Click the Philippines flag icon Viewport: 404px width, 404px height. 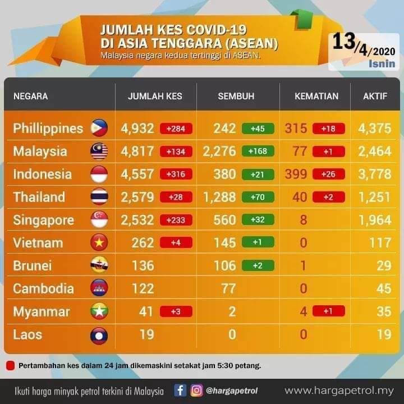[99, 128]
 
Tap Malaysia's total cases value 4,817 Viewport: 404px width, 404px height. [137, 151]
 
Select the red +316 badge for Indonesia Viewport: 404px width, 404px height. [176, 174]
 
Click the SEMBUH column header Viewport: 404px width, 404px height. [236, 96]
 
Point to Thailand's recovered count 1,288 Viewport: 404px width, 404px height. [219, 197]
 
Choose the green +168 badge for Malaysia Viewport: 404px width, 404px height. [258, 151]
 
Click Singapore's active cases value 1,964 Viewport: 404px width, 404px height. [375, 220]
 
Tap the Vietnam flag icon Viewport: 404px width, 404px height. [99, 242]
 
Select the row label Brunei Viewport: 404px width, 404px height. [33, 265]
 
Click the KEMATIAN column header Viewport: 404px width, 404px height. [316, 96]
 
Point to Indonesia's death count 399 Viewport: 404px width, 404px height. [296, 174]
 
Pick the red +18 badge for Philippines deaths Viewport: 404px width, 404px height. [328, 128]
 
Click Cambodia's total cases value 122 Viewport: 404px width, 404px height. [143, 288]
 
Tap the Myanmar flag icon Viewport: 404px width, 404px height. [99, 311]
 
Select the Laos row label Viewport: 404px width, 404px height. [27, 334]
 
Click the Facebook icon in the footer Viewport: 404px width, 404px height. [180, 391]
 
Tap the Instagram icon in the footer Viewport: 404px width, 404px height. [196, 391]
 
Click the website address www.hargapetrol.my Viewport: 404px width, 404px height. [339, 391]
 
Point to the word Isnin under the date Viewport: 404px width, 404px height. [382, 63]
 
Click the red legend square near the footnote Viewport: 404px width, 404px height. [10, 366]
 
